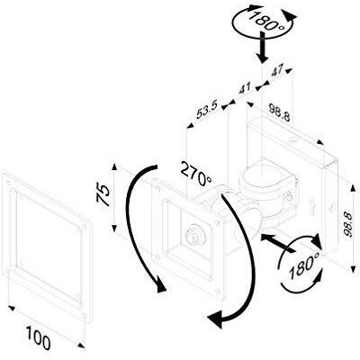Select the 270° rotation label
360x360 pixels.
196,174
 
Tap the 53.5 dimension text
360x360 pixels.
206,113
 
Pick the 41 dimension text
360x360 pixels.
245,89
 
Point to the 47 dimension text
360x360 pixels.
277,72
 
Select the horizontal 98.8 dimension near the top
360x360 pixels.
279,112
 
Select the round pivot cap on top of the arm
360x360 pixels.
262,176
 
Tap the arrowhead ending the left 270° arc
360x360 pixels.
161,286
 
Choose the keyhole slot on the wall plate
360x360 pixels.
312,207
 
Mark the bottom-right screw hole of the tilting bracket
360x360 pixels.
218,292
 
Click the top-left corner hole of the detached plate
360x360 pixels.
8,182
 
